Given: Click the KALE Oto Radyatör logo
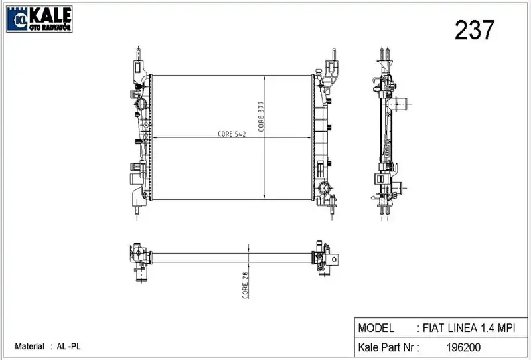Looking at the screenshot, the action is click(x=39, y=19).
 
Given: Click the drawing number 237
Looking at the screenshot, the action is click(x=475, y=30).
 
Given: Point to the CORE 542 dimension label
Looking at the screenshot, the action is click(x=232, y=134).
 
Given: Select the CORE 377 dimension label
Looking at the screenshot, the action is click(x=261, y=116).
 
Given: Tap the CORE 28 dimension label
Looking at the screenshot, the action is click(x=246, y=285).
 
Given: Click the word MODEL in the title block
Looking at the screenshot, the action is click(x=376, y=328).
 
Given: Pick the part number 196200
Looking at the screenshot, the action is click(x=463, y=347).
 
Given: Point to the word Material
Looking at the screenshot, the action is click(x=29, y=347).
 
